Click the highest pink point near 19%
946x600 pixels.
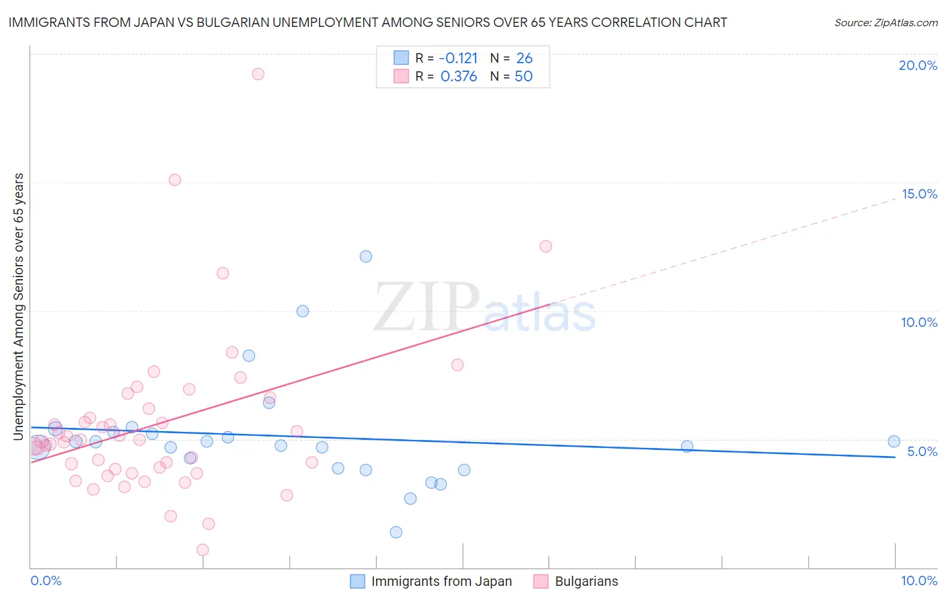click(258, 74)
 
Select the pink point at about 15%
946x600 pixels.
click(175, 180)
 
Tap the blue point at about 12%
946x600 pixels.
click(365, 256)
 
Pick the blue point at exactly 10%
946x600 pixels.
click(303, 311)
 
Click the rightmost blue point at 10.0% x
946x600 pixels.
click(894, 441)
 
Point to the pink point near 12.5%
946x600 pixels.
click(546, 246)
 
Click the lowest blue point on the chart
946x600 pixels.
click(396, 532)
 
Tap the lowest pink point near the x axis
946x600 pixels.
click(203, 550)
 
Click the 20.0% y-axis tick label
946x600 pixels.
click(918, 65)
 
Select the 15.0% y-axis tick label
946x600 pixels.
click(919, 194)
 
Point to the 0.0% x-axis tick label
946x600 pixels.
click(46, 580)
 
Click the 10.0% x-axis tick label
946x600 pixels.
click(918, 580)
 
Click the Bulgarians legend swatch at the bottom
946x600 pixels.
click(541, 581)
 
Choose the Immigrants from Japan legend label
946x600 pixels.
click(441, 581)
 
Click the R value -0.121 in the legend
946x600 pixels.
click(459, 59)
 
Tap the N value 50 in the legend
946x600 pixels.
click(523, 77)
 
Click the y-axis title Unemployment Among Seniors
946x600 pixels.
click(19, 307)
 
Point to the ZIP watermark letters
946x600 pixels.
click(426, 308)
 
